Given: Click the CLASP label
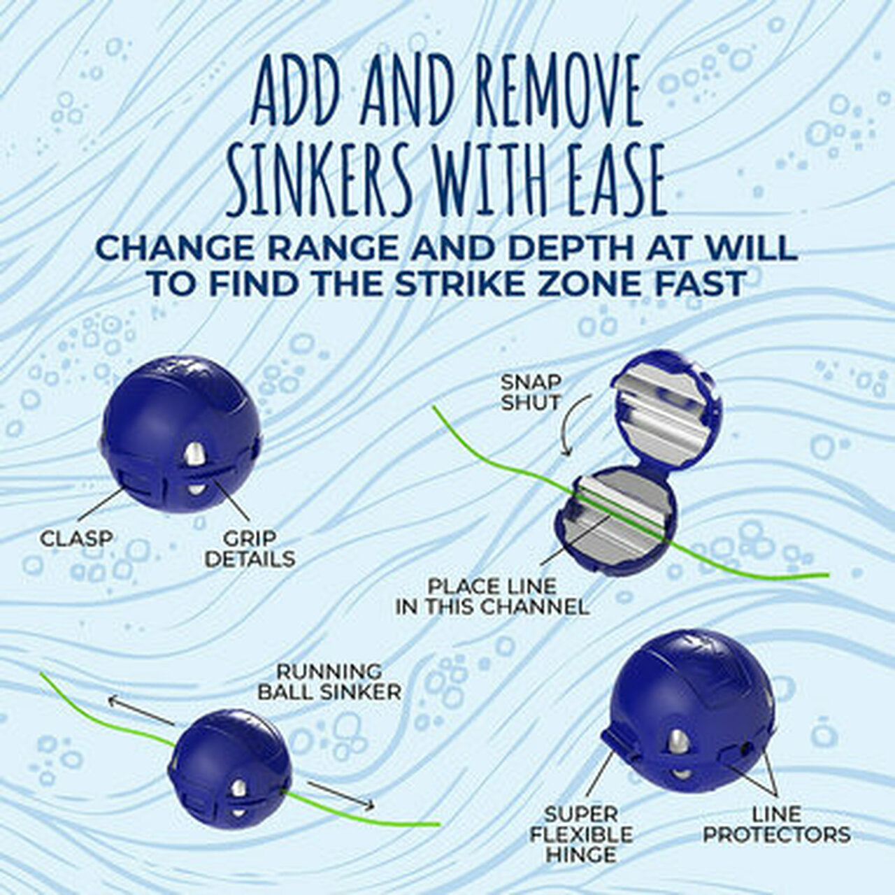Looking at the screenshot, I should [x=76, y=538].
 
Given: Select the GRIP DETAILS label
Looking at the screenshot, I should [x=250, y=549].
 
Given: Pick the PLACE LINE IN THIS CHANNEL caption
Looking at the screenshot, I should [x=492, y=596].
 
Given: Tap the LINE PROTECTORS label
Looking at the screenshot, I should [x=777, y=824].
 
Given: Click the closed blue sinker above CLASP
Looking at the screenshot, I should [x=182, y=438].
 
